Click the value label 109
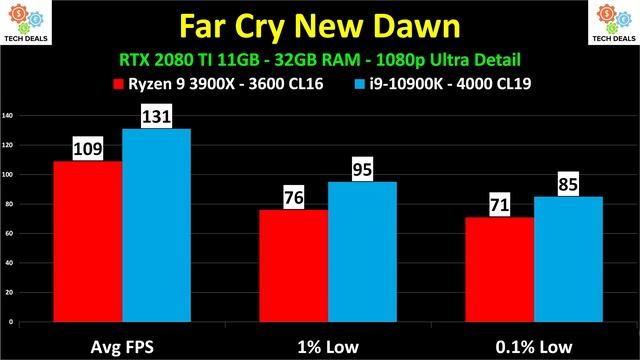[x=88, y=150]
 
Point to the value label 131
[x=156, y=117]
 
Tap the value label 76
[x=293, y=198]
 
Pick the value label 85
[x=568, y=185]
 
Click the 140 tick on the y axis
[x=8, y=116]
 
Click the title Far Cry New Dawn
[x=320, y=24]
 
